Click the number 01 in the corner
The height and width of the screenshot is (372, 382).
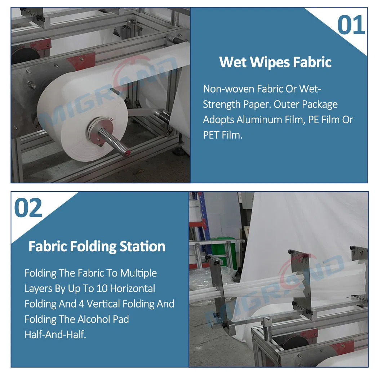pos(351,25)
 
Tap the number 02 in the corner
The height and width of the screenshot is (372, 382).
pos(28,207)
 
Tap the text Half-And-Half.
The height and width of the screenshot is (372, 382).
pos(55,334)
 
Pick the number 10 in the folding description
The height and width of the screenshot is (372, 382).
pos(102,288)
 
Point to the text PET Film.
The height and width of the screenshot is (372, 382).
pos(223,135)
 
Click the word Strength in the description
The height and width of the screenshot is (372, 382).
pos(222,104)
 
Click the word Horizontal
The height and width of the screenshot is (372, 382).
pos(133,288)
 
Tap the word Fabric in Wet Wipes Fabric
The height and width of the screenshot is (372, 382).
pos(312,62)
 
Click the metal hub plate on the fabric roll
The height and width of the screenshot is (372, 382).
pos(101,131)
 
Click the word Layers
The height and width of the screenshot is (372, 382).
pos(39,289)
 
